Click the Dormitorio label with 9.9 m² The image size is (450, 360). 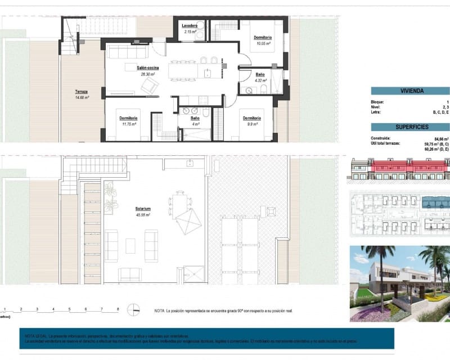(251, 118)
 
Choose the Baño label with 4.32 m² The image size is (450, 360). (260, 75)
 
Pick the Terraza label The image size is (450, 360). (82, 92)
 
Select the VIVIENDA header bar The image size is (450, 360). (411, 91)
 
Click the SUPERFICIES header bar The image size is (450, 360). (411, 127)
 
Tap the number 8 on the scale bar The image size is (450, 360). (118, 309)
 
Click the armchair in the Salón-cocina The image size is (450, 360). (150, 86)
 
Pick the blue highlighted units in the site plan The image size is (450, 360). (436, 201)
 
